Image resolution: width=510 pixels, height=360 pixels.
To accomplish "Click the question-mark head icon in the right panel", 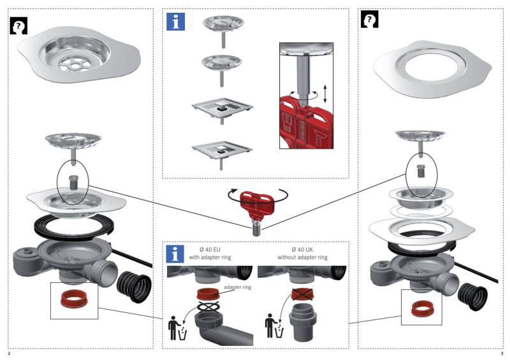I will (x=370, y=20).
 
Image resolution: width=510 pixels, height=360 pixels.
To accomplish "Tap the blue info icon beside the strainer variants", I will (x=175, y=21).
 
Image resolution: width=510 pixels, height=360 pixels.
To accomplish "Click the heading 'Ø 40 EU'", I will (x=210, y=249).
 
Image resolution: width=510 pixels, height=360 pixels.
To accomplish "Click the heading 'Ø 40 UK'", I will (x=302, y=249).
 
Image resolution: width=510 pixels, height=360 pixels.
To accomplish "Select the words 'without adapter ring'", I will (x=302, y=257).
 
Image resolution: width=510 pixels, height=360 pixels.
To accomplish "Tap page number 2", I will (x=9, y=352).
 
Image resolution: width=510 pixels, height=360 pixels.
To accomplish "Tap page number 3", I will (x=502, y=352).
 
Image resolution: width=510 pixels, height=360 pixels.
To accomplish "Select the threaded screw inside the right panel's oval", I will (x=420, y=170).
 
